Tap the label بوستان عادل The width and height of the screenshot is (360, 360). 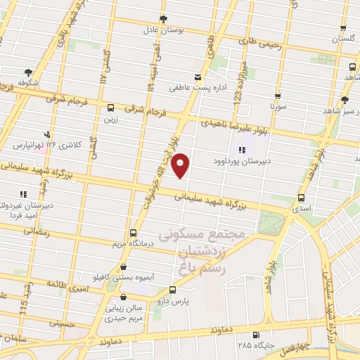163,31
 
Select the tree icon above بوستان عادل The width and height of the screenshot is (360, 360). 163,19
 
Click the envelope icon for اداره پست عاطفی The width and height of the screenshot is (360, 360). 198,77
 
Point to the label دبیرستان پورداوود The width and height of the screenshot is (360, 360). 243,161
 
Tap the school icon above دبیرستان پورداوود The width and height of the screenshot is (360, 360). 243,149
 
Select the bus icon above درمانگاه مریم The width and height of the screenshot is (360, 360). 134,233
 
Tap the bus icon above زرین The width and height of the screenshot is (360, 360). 110,108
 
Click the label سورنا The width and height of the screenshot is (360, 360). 277,108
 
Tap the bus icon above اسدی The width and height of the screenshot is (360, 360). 302,198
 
